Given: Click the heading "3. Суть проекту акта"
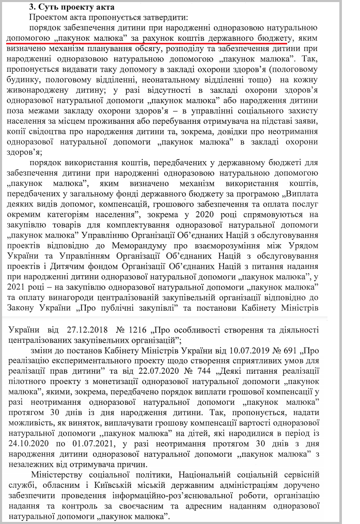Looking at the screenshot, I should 71,6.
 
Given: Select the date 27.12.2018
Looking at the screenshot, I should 86,329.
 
